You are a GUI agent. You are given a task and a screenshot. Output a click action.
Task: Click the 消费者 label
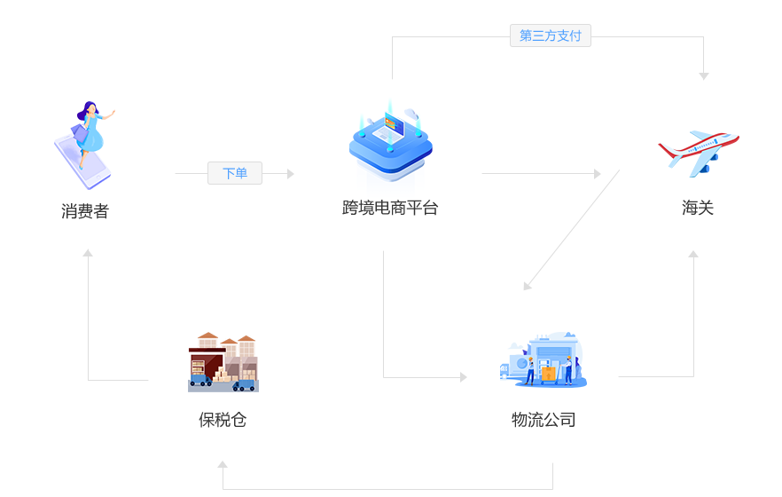[85, 211]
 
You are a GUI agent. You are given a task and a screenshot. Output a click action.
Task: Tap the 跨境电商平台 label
[390, 208]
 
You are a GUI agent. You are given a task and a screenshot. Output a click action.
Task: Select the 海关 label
[698, 208]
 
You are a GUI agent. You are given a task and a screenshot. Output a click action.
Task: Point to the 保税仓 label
[223, 420]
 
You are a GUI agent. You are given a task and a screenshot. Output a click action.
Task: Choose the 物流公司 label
[543, 420]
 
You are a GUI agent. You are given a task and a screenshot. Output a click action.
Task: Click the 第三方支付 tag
[551, 35]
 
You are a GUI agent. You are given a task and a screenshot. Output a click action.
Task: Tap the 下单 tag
[235, 173]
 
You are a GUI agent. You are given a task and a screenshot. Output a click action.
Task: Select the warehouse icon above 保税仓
[223, 362]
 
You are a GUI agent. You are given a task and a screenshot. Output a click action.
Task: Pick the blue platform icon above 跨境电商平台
[390, 142]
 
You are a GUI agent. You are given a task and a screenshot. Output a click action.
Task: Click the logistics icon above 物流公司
[543, 361]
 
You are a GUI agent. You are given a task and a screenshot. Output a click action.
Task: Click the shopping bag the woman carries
[79, 133]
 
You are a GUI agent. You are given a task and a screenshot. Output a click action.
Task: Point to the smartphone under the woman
[82, 164]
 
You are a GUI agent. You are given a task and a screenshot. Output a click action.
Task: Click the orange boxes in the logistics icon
[549, 374]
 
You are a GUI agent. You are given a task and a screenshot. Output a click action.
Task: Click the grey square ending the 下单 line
[291, 173]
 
